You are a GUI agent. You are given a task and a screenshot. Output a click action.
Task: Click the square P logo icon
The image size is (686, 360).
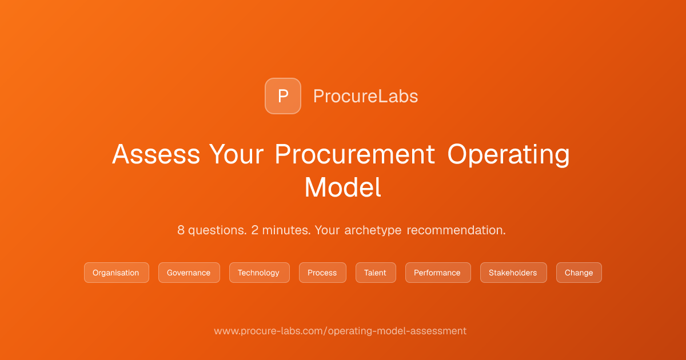pos(282,96)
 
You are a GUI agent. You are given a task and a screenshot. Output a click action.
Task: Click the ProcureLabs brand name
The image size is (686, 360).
pos(365,96)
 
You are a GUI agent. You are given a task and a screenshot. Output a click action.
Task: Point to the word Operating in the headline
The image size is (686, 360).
pos(508,155)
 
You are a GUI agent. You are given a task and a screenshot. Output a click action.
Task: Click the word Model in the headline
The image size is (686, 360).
pos(342,187)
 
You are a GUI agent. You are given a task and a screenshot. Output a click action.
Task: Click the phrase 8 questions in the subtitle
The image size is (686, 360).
pos(212,230)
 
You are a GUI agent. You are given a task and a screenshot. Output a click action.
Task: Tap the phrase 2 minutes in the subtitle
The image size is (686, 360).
pos(281,230)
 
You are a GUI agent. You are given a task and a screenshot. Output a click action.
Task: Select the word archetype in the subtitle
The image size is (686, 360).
pos(373,230)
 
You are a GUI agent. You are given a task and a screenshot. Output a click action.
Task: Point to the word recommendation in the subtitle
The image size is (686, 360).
pos(456,230)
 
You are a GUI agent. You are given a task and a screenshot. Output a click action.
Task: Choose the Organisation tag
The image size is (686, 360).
pos(117,273)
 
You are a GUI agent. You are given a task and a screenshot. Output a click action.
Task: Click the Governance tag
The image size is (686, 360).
pos(189,273)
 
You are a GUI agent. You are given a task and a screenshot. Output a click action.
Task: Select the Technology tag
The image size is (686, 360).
pos(260,273)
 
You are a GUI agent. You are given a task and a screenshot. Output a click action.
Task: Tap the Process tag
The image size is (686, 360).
pos(322,273)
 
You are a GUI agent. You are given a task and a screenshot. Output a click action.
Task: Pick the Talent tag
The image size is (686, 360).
pos(376,273)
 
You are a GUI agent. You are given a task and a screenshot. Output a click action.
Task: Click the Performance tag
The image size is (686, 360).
pos(438,273)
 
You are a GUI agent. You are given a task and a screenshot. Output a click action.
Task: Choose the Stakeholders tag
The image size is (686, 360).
pos(513,273)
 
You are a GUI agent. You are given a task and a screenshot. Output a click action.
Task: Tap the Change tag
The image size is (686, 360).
pos(579,273)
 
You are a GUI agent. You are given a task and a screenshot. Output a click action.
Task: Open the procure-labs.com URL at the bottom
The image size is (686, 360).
pos(340,331)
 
